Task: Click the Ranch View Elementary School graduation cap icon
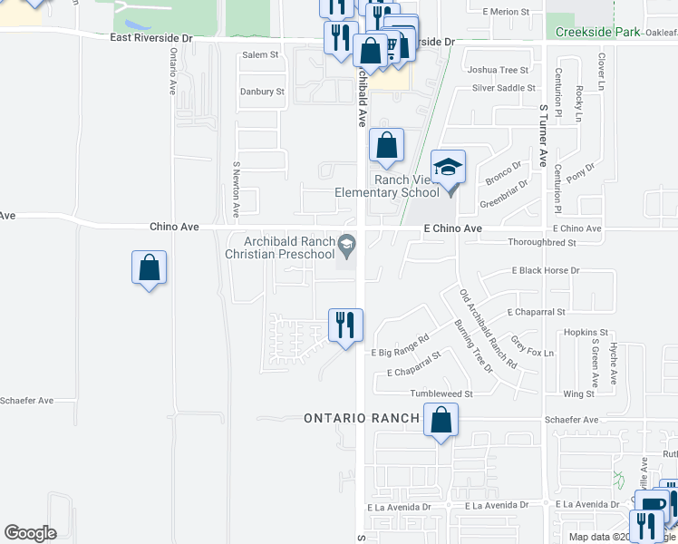click(448, 167)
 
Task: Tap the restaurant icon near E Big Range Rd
click(345, 325)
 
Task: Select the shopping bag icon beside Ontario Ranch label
click(441, 421)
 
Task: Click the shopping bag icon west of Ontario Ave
click(150, 269)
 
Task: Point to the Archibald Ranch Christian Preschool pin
click(346, 244)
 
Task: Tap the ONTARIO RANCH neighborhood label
click(361, 418)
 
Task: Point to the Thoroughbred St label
click(542, 243)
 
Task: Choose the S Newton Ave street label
click(236, 189)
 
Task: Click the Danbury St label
click(262, 92)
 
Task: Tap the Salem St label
click(260, 55)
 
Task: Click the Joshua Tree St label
click(497, 70)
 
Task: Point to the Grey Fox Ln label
click(533, 346)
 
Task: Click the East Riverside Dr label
click(151, 38)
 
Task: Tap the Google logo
click(30, 533)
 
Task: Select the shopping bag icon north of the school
click(386, 145)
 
